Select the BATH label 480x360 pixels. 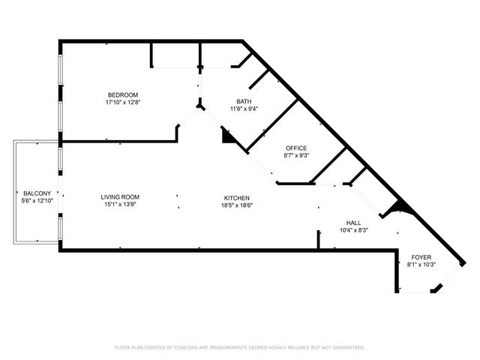pyautogui.click(x=244, y=101)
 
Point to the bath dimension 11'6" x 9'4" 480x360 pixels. pyautogui.click(x=244, y=109)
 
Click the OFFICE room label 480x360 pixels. pyautogui.click(x=296, y=148)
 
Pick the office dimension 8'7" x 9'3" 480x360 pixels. pyautogui.click(x=296, y=155)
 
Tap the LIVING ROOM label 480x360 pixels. pyautogui.click(x=121, y=197)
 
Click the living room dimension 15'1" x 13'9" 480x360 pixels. pyautogui.click(x=121, y=205)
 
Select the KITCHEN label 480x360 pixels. pyautogui.click(x=235, y=197)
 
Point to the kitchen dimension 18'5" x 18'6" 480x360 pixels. pyautogui.click(x=235, y=205)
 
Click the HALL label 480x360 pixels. pyautogui.click(x=352, y=223)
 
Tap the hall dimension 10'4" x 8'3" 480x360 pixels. pyautogui.click(x=352, y=230)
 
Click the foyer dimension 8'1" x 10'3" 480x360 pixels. pyautogui.click(x=420, y=265)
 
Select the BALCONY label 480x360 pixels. pyautogui.click(x=36, y=193)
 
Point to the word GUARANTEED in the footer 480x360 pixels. pyautogui.click(x=344, y=347)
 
